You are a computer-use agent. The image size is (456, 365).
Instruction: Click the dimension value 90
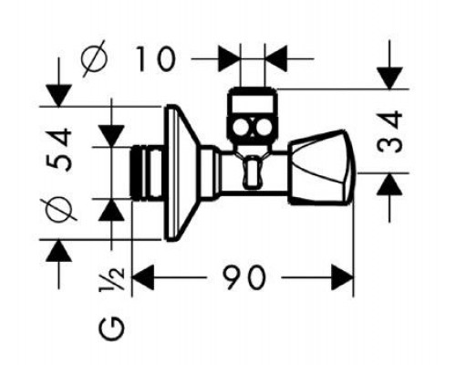[x=244, y=277]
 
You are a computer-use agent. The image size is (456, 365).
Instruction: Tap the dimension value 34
[x=390, y=131]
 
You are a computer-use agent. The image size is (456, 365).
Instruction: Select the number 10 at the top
[x=156, y=58]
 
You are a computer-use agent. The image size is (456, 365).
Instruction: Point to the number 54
[x=59, y=150]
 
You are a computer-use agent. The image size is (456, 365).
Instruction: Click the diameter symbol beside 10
[x=95, y=57]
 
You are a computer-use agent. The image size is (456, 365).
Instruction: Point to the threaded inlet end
[x=147, y=172]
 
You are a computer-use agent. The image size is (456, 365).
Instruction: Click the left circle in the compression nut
[x=242, y=127]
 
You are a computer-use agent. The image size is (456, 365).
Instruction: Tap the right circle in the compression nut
[x=263, y=127]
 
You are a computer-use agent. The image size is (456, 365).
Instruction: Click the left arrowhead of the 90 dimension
[x=143, y=277]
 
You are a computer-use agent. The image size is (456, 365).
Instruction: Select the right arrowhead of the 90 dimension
[x=342, y=277]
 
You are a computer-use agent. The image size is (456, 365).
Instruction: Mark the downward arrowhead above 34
[x=389, y=78]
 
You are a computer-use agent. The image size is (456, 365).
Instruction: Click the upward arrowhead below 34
[x=389, y=184]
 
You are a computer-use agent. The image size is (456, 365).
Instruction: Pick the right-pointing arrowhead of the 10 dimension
[x=229, y=58]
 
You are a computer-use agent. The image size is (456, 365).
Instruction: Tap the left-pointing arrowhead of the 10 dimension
[x=276, y=58]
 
